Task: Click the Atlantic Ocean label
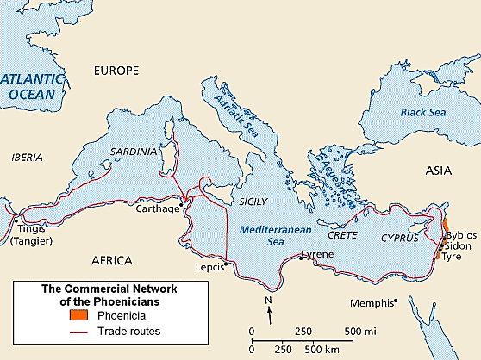click(33, 90)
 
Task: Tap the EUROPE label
click(115, 70)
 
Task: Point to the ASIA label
click(439, 172)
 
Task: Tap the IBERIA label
click(28, 158)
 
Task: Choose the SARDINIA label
click(134, 152)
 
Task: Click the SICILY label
click(253, 201)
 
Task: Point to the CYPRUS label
click(401, 236)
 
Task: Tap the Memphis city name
click(372, 302)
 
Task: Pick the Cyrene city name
click(319, 255)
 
